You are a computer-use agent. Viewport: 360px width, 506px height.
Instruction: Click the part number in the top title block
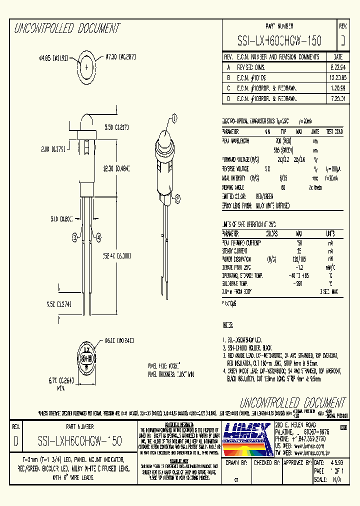click(279, 40)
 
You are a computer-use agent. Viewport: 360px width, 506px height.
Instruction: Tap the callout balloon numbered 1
click(174, 118)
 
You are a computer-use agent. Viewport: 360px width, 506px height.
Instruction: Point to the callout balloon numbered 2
click(177, 199)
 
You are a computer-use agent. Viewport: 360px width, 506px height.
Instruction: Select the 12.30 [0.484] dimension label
click(115, 169)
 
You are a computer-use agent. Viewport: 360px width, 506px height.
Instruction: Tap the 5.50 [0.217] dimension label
click(116, 128)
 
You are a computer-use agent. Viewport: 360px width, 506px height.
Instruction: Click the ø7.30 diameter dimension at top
click(121, 57)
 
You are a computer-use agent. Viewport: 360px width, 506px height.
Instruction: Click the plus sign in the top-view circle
click(87, 67)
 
